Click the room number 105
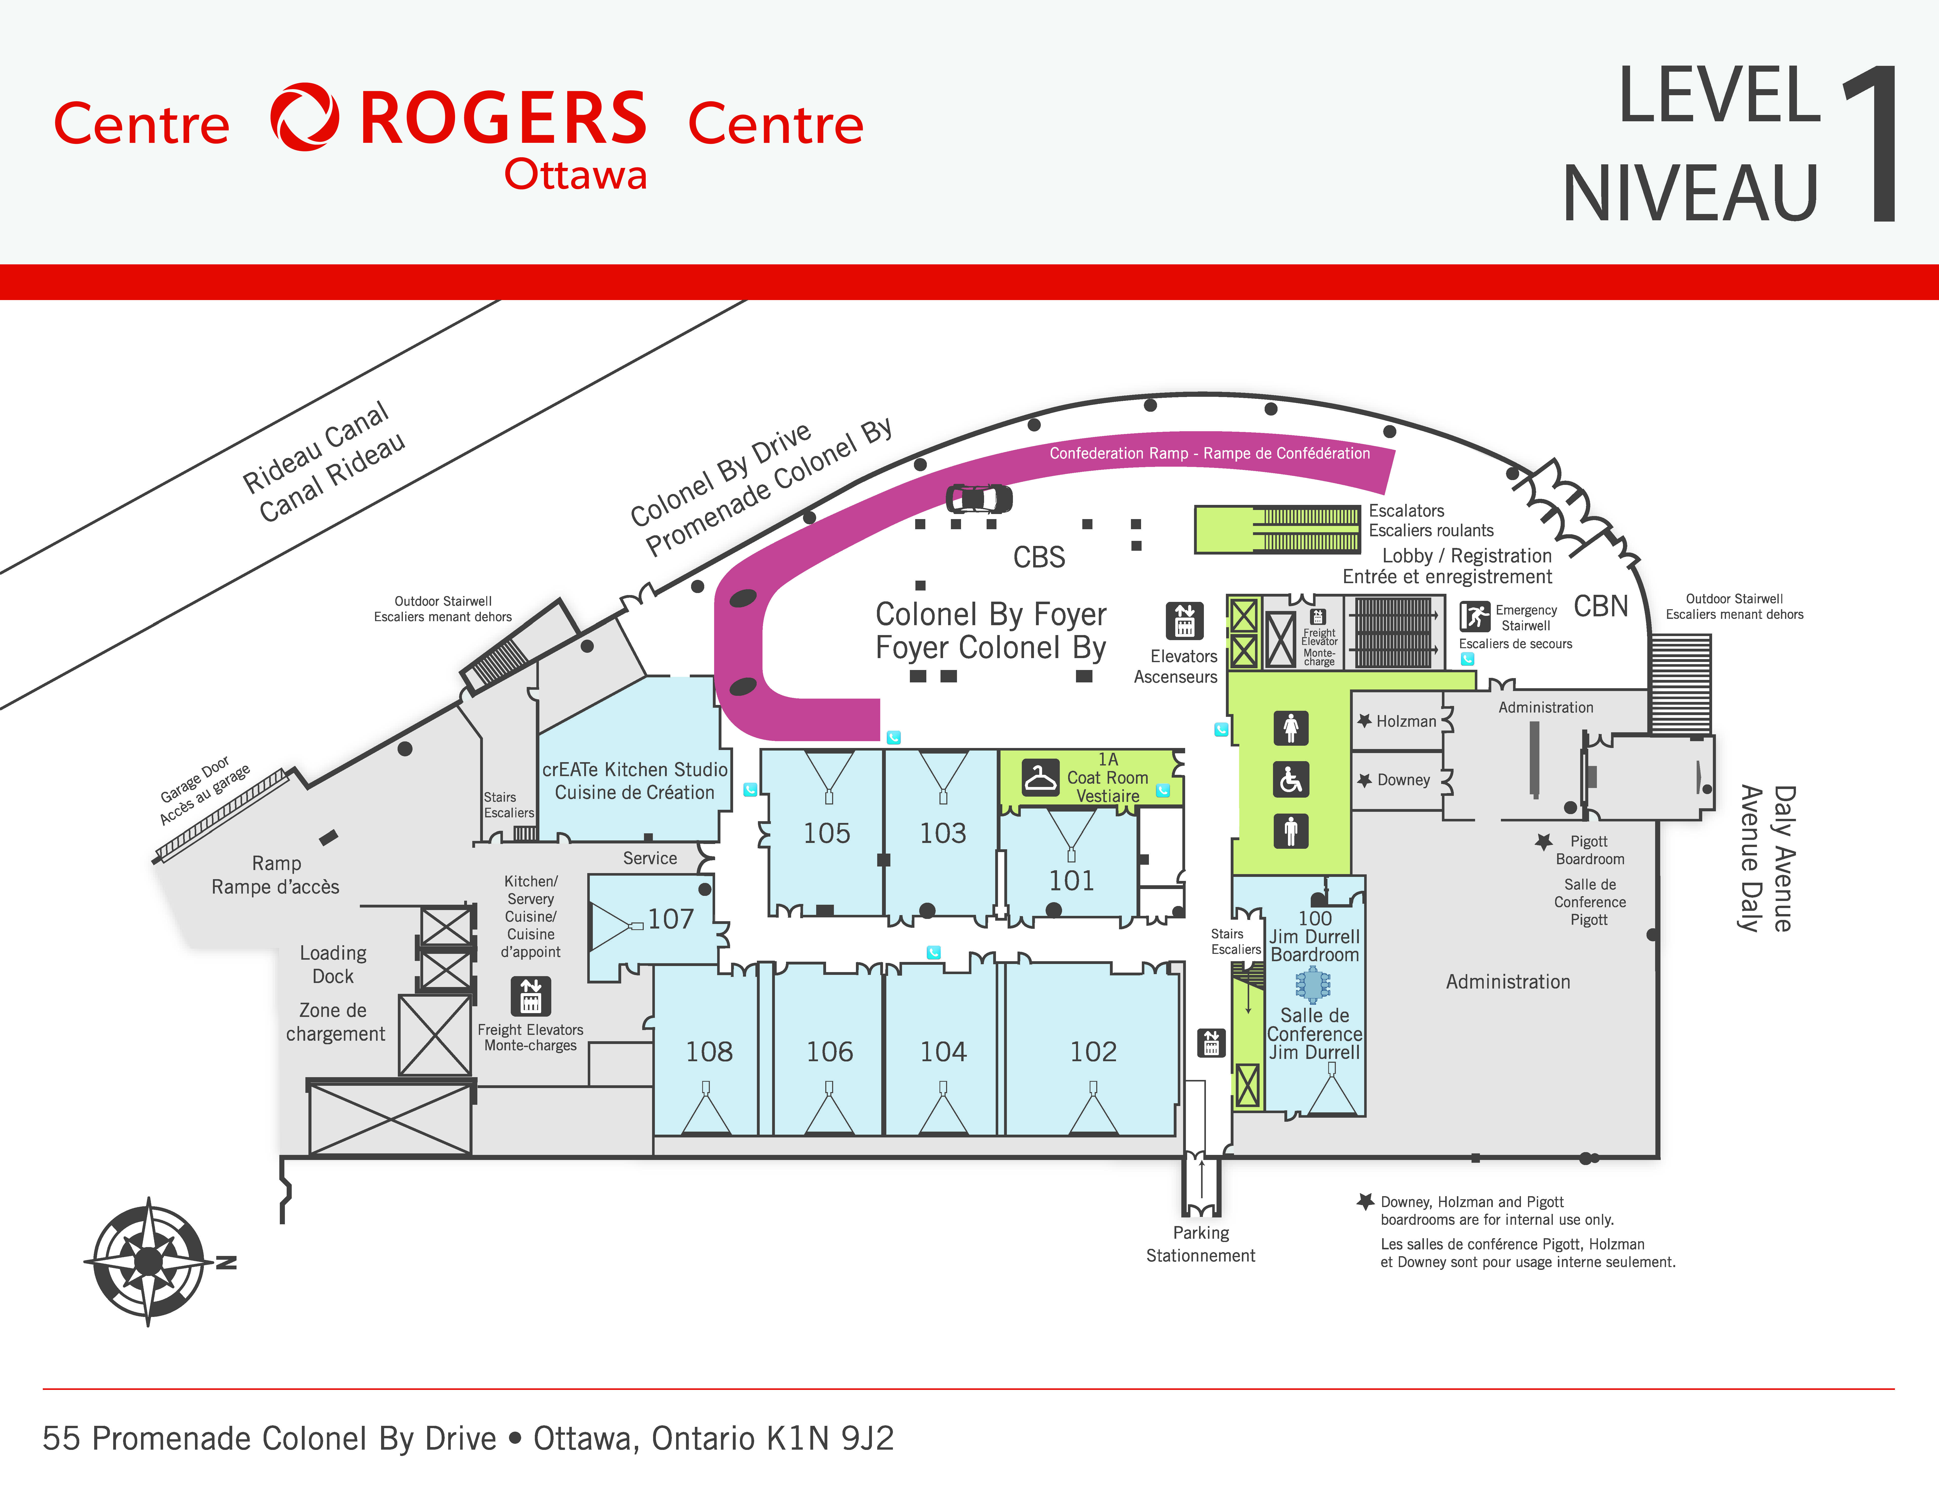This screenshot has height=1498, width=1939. [x=827, y=833]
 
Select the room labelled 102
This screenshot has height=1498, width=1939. [x=1093, y=1051]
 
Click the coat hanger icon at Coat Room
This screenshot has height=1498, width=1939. [x=1040, y=777]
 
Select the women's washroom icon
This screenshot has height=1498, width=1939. [x=1291, y=728]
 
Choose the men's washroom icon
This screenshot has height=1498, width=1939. [x=1291, y=831]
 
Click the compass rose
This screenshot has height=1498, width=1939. [x=149, y=1261]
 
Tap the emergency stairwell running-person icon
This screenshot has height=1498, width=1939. [x=1475, y=616]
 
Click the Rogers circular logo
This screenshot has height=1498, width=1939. [x=305, y=117]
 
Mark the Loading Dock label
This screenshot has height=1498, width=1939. [x=333, y=964]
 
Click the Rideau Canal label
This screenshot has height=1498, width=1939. [x=315, y=447]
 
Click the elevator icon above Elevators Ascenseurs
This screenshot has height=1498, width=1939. [x=1184, y=620]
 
